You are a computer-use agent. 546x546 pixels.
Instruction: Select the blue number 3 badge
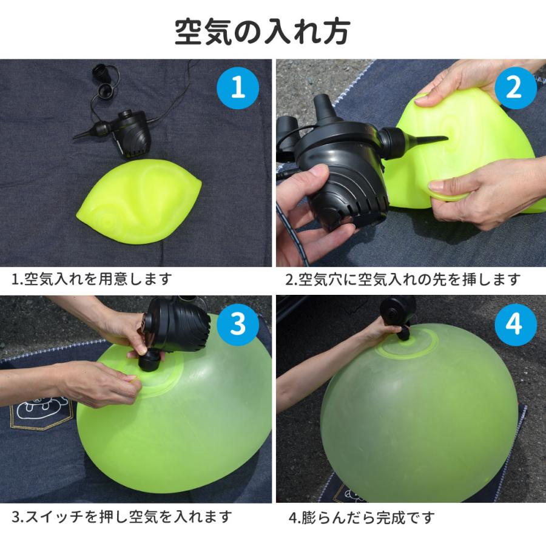238,325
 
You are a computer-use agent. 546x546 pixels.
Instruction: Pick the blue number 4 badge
514,325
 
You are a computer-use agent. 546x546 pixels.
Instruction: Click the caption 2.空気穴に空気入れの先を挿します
403,279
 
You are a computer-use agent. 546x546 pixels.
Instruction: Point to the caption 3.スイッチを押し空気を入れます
122,516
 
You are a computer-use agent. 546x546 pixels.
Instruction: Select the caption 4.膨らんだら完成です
362,517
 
